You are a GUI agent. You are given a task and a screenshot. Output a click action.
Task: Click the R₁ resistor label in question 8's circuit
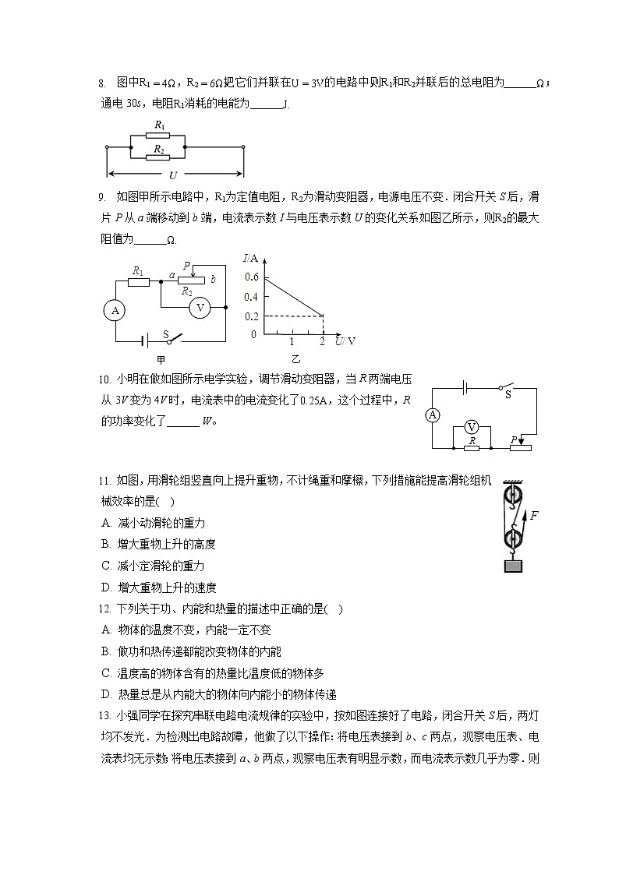[x=159, y=125]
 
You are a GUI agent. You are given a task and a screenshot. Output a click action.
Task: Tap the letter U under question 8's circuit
[x=172, y=175]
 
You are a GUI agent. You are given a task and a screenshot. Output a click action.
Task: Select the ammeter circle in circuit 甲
[x=115, y=310]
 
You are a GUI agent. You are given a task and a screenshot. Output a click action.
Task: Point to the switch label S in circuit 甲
[x=166, y=333]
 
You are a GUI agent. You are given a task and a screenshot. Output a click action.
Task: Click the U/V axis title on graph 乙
[x=345, y=341]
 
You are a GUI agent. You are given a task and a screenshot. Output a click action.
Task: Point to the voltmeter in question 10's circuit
[x=471, y=426]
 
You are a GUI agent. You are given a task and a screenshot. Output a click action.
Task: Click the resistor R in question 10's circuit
[x=471, y=447]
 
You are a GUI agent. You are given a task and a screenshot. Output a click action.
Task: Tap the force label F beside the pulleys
[x=534, y=515]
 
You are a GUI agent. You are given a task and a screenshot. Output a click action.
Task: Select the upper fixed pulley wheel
[x=511, y=496]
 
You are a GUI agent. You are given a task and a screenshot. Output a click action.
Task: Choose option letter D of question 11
[x=105, y=587]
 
